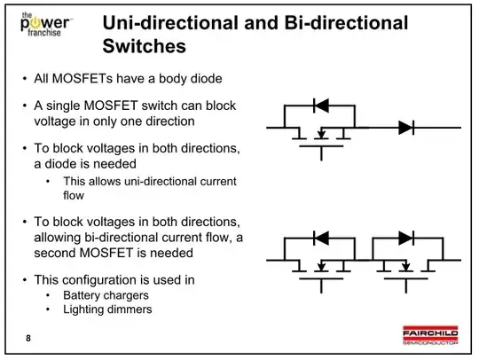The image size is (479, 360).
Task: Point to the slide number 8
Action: point(27,338)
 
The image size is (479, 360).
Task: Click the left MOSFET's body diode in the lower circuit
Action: point(321,238)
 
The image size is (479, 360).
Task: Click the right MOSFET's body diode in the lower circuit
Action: point(407,238)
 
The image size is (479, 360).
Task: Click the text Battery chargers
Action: point(100,295)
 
